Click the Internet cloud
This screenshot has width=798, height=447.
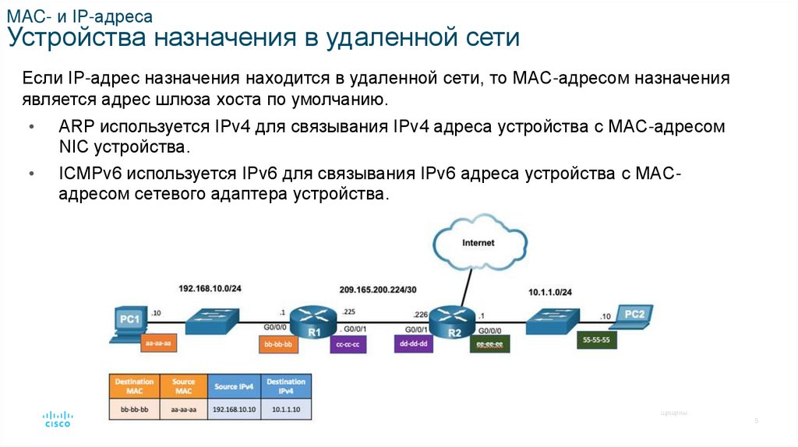point(477,242)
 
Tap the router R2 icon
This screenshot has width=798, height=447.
point(452,320)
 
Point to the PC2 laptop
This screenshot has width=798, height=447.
point(632,316)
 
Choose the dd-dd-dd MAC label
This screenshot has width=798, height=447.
point(414,343)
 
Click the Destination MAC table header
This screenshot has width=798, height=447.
point(133,386)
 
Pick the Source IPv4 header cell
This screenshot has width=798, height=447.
point(235,386)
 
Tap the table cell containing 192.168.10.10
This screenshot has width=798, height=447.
point(235,408)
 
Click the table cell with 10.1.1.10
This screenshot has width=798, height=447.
point(285,408)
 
